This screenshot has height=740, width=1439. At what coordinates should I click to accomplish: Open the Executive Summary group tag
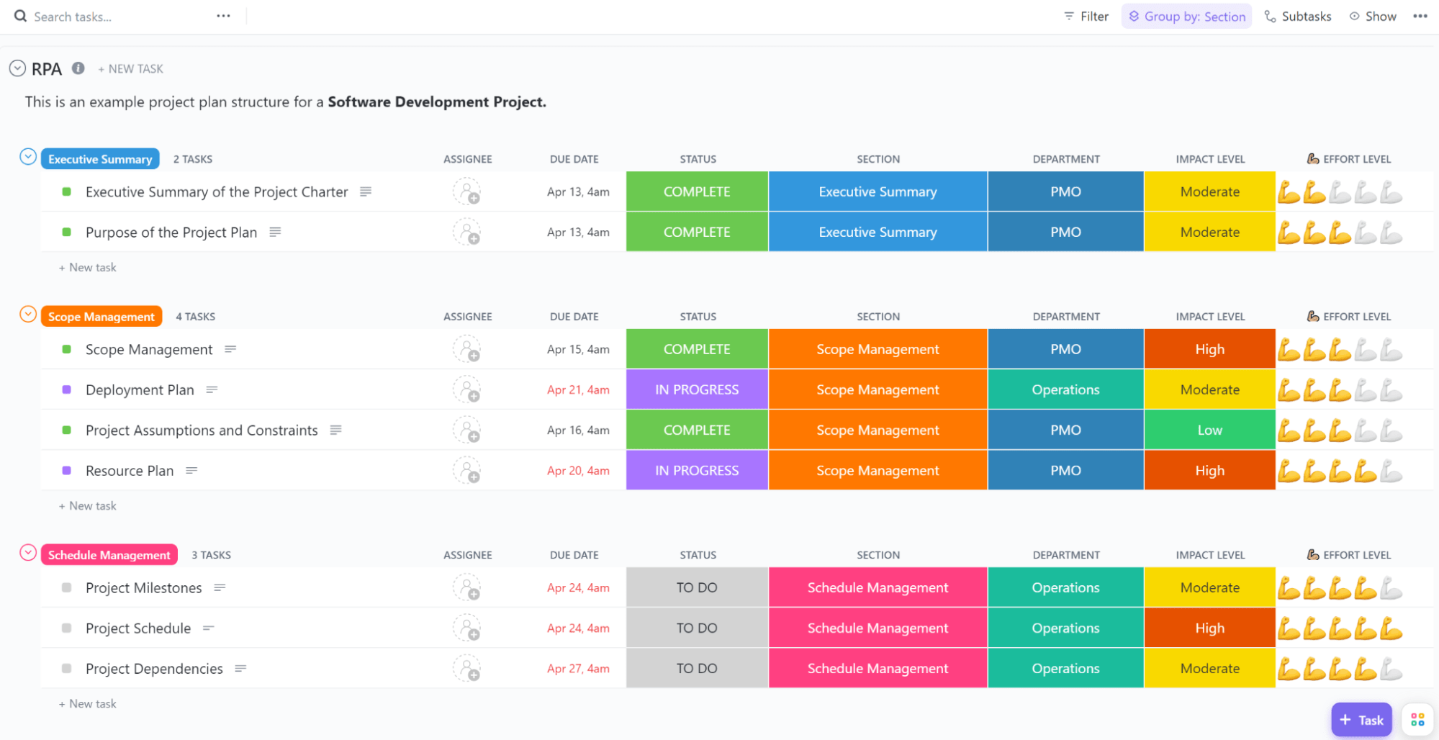[x=100, y=159]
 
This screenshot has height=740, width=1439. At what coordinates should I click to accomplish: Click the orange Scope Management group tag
[x=101, y=317]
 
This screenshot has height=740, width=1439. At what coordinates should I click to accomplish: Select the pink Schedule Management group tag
[x=109, y=555]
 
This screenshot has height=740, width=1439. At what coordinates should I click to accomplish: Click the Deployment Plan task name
[x=140, y=390]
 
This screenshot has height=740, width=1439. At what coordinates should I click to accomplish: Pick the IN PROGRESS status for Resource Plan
[x=697, y=471]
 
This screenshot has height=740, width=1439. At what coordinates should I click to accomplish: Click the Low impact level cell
[x=1209, y=430]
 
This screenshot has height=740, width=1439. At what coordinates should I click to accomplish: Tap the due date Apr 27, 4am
[x=578, y=669]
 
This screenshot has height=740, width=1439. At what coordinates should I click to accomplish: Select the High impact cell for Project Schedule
[x=1209, y=628]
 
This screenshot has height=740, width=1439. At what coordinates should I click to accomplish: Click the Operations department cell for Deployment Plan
[x=1065, y=390]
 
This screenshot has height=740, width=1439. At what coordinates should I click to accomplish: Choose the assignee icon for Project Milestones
[x=466, y=588]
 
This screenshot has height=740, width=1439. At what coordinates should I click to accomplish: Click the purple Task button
[x=1361, y=720]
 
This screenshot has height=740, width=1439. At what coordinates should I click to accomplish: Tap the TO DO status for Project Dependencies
[x=697, y=669]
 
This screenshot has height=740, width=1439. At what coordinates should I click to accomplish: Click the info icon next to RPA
[x=78, y=68]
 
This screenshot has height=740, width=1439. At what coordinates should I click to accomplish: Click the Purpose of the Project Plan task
[x=171, y=233]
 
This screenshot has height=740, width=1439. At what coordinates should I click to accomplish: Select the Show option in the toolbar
[x=1373, y=17]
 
